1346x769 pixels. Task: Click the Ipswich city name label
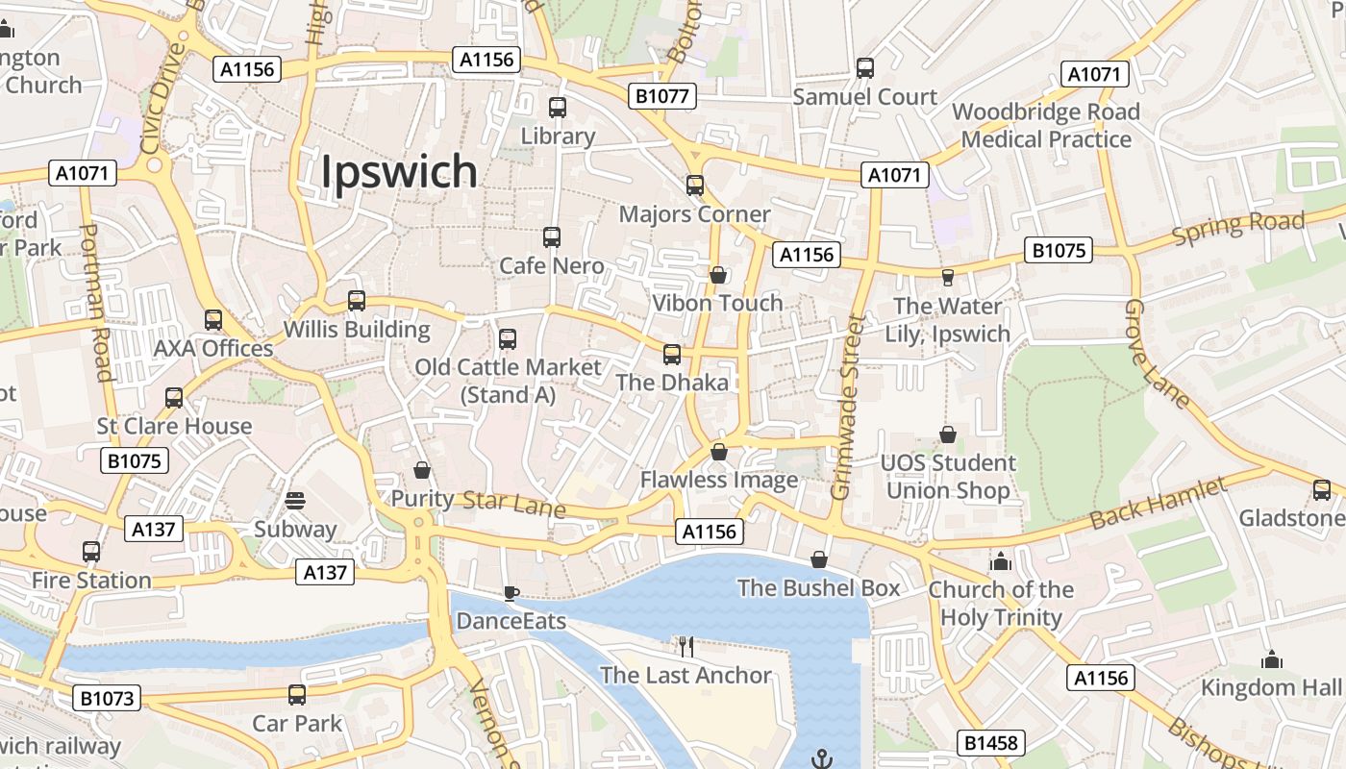(x=398, y=172)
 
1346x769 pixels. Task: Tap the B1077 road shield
(x=661, y=96)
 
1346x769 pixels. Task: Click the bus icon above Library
(x=558, y=108)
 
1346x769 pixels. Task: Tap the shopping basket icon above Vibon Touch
(x=717, y=276)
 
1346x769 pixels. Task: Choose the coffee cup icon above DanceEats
(x=511, y=593)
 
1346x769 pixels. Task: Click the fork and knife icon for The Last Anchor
(x=685, y=647)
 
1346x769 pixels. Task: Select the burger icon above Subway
(x=295, y=501)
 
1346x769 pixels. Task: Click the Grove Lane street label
(x=1157, y=355)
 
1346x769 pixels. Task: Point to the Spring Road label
(x=1238, y=227)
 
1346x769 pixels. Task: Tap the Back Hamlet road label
(x=1159, y=504)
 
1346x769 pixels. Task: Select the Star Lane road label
(x=513, y=504)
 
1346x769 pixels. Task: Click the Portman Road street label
(x=97, y=303)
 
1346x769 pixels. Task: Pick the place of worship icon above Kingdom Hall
(x=1272, y=659)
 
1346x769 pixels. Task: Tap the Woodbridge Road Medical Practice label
(x=1046, y=125)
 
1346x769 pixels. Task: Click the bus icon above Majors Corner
(x=695, y=186)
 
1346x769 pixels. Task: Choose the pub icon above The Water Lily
(x=948, y=278)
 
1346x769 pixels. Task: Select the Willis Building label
(x=357, y=330)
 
